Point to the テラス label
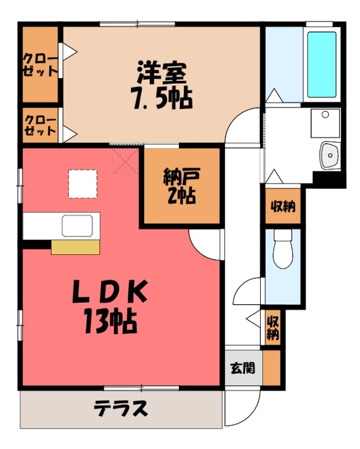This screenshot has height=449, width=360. pyautogui.click(x=121, y=408)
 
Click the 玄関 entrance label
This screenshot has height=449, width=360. pyautogui.click(x=243, y=368)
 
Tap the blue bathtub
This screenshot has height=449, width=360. pyautogui.click(x=322, y=65)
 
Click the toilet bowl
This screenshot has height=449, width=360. pyautogui.click(x=283, y=250)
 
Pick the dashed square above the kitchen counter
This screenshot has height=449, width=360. pyautogui.click(x=82, y=184)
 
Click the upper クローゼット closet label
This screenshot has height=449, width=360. pyautogui.click(x=40, y=65)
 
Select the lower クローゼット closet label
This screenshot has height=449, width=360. pyautogui.click(x=40, y=126)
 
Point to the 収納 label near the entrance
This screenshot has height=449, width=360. pyautogui.click(x=273, y=328)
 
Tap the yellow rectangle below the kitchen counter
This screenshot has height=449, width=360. pyautogui.click(x=75, y=247)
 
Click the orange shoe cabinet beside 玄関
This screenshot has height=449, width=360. pyautogui.click(x=271, y=368)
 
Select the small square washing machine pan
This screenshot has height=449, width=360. pyautogui.click(x=325, y=123)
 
